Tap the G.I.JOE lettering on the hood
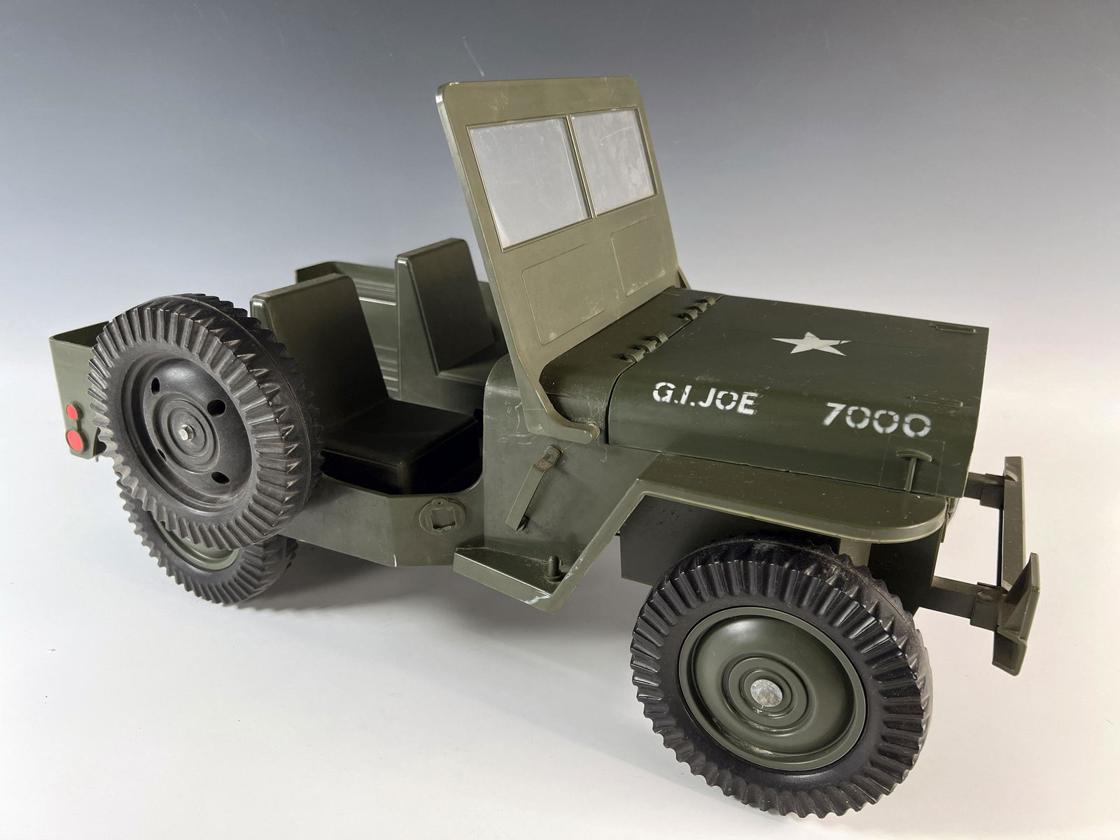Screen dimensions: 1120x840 click(704, 400)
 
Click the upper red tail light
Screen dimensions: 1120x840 click(73, 412)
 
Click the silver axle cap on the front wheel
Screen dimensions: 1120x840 click(766, 695)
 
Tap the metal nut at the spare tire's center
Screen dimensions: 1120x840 click(183, 431)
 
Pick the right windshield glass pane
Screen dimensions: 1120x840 click(612, 160)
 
